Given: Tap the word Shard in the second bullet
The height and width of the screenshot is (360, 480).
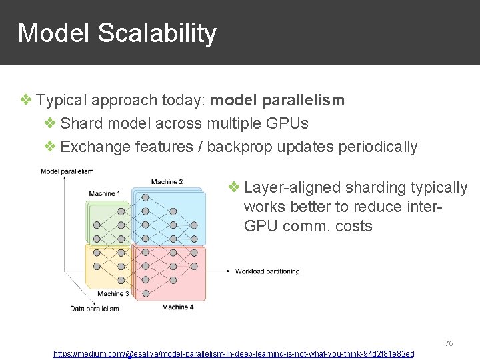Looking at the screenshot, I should coord(81,123).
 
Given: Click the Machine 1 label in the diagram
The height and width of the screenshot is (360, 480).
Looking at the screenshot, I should coord(105,194).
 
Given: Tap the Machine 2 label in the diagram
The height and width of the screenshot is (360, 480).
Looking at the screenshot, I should coord(167,182).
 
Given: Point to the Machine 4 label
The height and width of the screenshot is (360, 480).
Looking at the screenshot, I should coord(177,307).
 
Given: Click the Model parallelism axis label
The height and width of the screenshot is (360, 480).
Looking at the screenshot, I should coord(67,171).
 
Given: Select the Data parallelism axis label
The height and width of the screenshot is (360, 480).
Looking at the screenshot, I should coord(94,309).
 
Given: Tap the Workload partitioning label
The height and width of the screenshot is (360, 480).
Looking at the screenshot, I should coord(267,271).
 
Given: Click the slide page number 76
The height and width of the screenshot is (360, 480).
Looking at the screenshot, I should coord(449,343).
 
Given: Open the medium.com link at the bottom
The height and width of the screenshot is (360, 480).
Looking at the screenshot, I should coord(233,353).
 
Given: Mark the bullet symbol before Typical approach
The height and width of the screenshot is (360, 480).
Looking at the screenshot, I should coord(26,101).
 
